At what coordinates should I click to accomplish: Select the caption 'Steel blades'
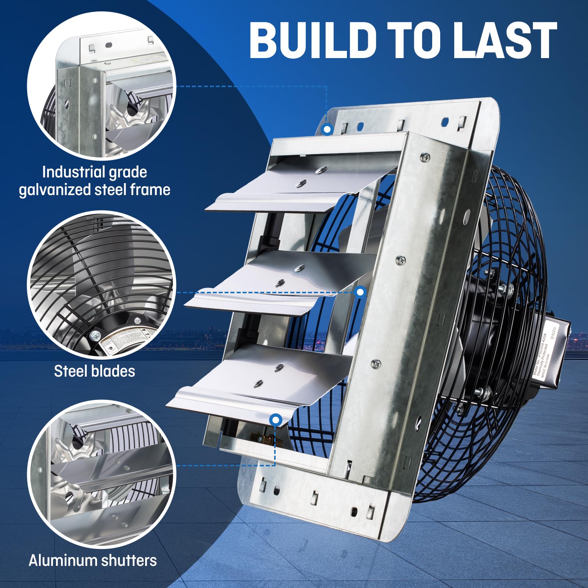(x=94, y=371)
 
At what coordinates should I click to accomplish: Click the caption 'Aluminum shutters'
(x=93, y=560)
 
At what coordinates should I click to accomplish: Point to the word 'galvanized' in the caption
(x=55, y=190)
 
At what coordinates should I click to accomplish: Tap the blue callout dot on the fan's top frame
(x=327, y=129)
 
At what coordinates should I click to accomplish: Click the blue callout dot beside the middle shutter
(x=361, y=292)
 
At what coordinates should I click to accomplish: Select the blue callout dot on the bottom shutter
(x=276, y=420)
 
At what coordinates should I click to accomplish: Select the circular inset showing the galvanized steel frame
(x=101, y=85)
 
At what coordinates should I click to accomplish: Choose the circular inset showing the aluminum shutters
(x=101, y=474)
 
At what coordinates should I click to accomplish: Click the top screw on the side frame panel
(x=425, y=157)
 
